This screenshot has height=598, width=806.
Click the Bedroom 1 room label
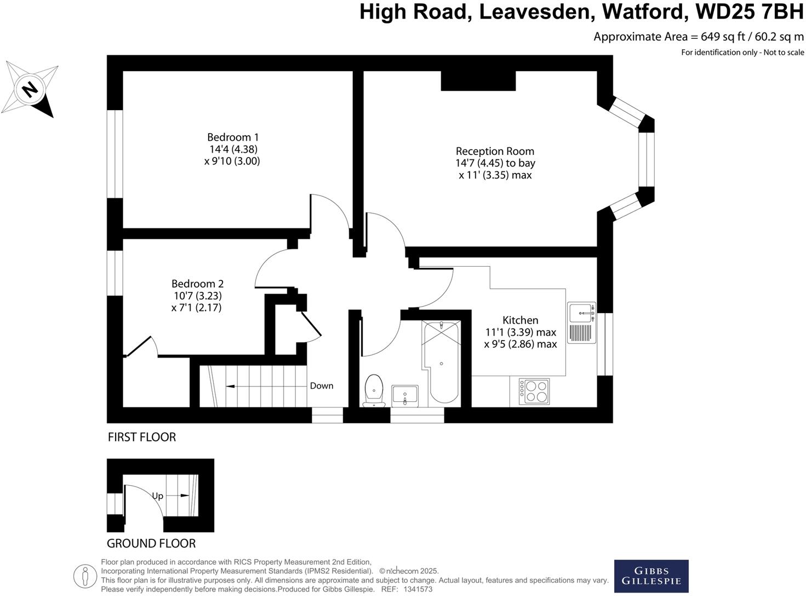(233, 137)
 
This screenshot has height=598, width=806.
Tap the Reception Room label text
(495, 151)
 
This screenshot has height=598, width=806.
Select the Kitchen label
(521, 320)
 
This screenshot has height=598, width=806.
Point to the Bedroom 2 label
(197, 284)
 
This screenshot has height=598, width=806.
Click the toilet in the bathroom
(374, 390)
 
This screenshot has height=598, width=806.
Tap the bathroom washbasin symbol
(404, 395)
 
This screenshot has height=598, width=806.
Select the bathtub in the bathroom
(441, 361)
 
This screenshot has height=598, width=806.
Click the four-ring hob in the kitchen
(534, 391)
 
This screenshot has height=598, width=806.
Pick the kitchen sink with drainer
(581, 323)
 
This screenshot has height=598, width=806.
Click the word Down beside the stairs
(322, 386)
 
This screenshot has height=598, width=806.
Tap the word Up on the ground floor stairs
(157, 496)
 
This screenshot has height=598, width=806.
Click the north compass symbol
(30, 89)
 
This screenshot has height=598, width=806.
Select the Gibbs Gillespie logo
(651, 576)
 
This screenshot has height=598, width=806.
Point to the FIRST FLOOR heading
(142, 437)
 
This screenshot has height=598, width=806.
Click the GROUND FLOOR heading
(151, 543)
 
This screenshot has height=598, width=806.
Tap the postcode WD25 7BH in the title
(750, 12)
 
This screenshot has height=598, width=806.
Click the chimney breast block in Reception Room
(478, 81)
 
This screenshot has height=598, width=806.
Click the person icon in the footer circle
(85, 576)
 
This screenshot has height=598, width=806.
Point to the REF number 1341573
(418, 589)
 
